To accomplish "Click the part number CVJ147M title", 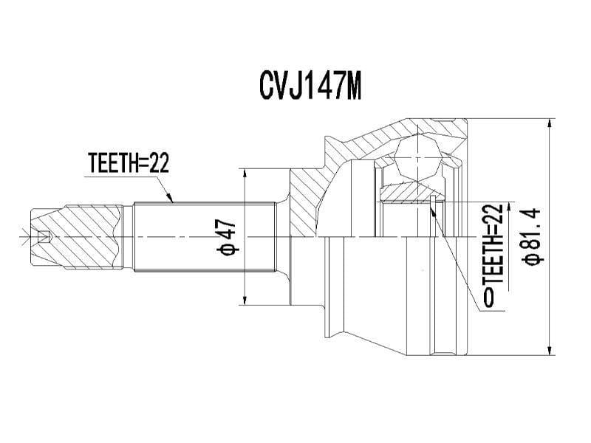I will tap(310, 86).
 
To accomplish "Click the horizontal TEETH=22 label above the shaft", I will tap(129, 163).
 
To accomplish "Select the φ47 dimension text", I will tap(226, 236).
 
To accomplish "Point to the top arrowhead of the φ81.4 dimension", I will tap(549, 123).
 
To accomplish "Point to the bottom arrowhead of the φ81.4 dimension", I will tap(549, 351).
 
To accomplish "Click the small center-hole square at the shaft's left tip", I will tap(44, 237).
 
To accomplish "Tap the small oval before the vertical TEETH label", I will tap(488, 298).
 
